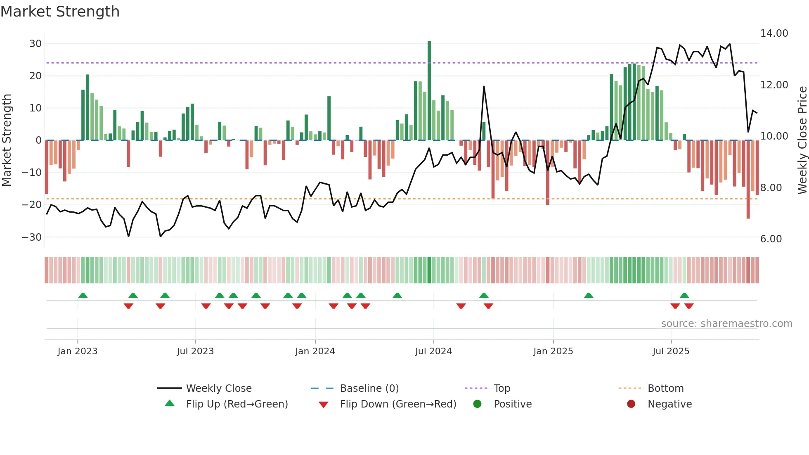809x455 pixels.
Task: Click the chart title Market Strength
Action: click(60, 12)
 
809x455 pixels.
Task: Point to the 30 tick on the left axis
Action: click(35, 44)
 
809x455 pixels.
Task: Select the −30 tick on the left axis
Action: click(32, 237)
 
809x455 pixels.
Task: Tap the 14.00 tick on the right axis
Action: click(774, 33)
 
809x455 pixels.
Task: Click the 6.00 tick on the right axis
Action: click(771, 239)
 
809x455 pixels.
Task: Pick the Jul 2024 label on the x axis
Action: click(433, 351)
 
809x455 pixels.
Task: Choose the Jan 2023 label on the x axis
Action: click(78, 351)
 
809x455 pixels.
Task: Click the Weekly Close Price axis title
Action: click(802, 140)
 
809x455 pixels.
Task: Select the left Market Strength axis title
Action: click(7, 140)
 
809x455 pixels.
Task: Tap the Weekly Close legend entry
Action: click(218, 389)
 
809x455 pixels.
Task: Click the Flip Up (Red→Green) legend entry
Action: click(237, 404)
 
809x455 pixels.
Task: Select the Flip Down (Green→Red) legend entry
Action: click(398, 404)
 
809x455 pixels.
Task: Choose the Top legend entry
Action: click(501, 389)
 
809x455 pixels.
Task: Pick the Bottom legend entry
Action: click(665, 389)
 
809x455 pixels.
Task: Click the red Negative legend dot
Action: click(631, 404)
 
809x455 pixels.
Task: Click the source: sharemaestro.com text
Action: click(726, 324)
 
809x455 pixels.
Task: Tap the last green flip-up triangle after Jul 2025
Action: click(684, 295)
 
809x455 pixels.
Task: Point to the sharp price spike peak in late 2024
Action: click(484, 87)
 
